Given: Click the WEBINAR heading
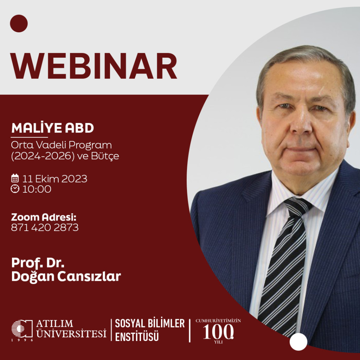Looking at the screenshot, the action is [94, 66].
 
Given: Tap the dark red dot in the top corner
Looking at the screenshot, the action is [19, 24].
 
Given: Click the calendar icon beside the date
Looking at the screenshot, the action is [15, 178].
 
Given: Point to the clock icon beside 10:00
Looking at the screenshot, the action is [15, 189].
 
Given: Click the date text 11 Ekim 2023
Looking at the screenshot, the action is [54, 179].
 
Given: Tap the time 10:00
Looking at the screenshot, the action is [37, 189].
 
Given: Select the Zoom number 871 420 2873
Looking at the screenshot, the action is [45, 227].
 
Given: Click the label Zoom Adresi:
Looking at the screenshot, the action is [44, 217].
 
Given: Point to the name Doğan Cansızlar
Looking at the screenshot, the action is [66, 276].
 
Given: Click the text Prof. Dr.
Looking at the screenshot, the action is [38, 263].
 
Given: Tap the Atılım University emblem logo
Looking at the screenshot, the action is [22, 329].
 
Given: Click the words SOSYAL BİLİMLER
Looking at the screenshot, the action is [150, 323].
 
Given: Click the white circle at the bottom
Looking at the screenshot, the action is [298, 342].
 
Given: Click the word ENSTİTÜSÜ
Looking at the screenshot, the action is [137, 336].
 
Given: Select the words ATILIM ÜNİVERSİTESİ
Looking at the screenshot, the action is [71, 329].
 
